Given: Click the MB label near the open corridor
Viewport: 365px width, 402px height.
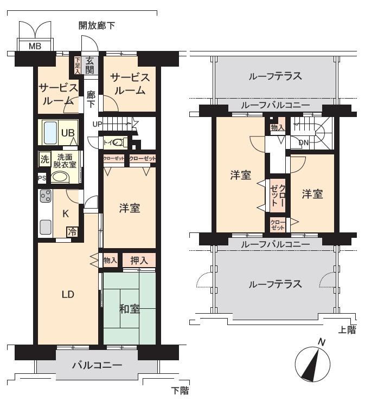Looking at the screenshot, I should coord(35,46).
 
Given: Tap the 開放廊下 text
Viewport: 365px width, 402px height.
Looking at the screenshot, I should coord(97,25).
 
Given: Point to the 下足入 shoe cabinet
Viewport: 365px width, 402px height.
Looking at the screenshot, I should coord(78,64).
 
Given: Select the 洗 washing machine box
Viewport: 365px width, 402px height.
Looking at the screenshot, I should coord(43,159).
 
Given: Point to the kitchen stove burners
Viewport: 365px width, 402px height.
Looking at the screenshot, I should coord(45,197).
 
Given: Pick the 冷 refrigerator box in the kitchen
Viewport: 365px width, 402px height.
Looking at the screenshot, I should coord(72,232).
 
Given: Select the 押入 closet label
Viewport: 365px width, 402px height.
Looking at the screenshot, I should coord(139,261).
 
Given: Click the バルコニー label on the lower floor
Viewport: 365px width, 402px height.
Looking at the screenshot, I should coord(97,365).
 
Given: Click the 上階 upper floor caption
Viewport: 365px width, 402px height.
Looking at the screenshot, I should coord(347,330).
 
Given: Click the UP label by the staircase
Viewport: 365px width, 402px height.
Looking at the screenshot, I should coord(98,124).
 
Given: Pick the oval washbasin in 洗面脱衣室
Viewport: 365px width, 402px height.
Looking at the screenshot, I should coord(60,178).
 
